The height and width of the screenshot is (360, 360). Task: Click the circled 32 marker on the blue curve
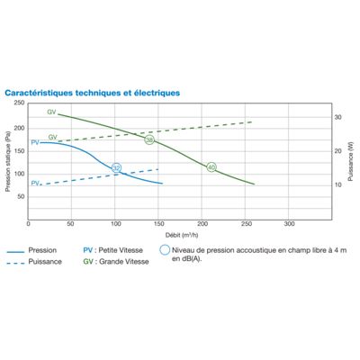[x=116, y=168]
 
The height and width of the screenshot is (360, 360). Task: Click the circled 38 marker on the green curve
[x=149, y=139]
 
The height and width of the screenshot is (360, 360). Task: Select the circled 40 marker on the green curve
[x=211, y=167]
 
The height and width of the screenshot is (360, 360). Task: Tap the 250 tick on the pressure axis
[x=19, y=103]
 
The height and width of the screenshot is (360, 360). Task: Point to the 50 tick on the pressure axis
[x=22, y=197]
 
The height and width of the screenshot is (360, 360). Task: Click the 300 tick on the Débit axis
[x=289, y=224]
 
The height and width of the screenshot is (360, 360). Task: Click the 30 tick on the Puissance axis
[x=338, y=117]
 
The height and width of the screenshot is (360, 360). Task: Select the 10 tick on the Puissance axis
[x=338, y=185]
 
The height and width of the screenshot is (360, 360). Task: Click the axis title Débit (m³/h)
[x=182, y=235]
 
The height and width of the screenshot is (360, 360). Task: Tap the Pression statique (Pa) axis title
[x=8, y=161]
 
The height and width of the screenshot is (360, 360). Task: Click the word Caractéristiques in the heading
[x=39, y=93]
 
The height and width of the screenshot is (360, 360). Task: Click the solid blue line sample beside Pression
[x=15, y=252]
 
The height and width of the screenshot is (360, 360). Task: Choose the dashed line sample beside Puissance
[x=15, y=264]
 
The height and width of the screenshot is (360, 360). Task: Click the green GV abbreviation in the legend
[x=88, y=262]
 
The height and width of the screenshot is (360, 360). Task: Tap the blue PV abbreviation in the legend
[x=88, y=250]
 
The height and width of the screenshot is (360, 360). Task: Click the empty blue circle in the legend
[x=165, y=250]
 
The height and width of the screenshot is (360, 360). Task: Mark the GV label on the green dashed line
[x=53, y=138]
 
